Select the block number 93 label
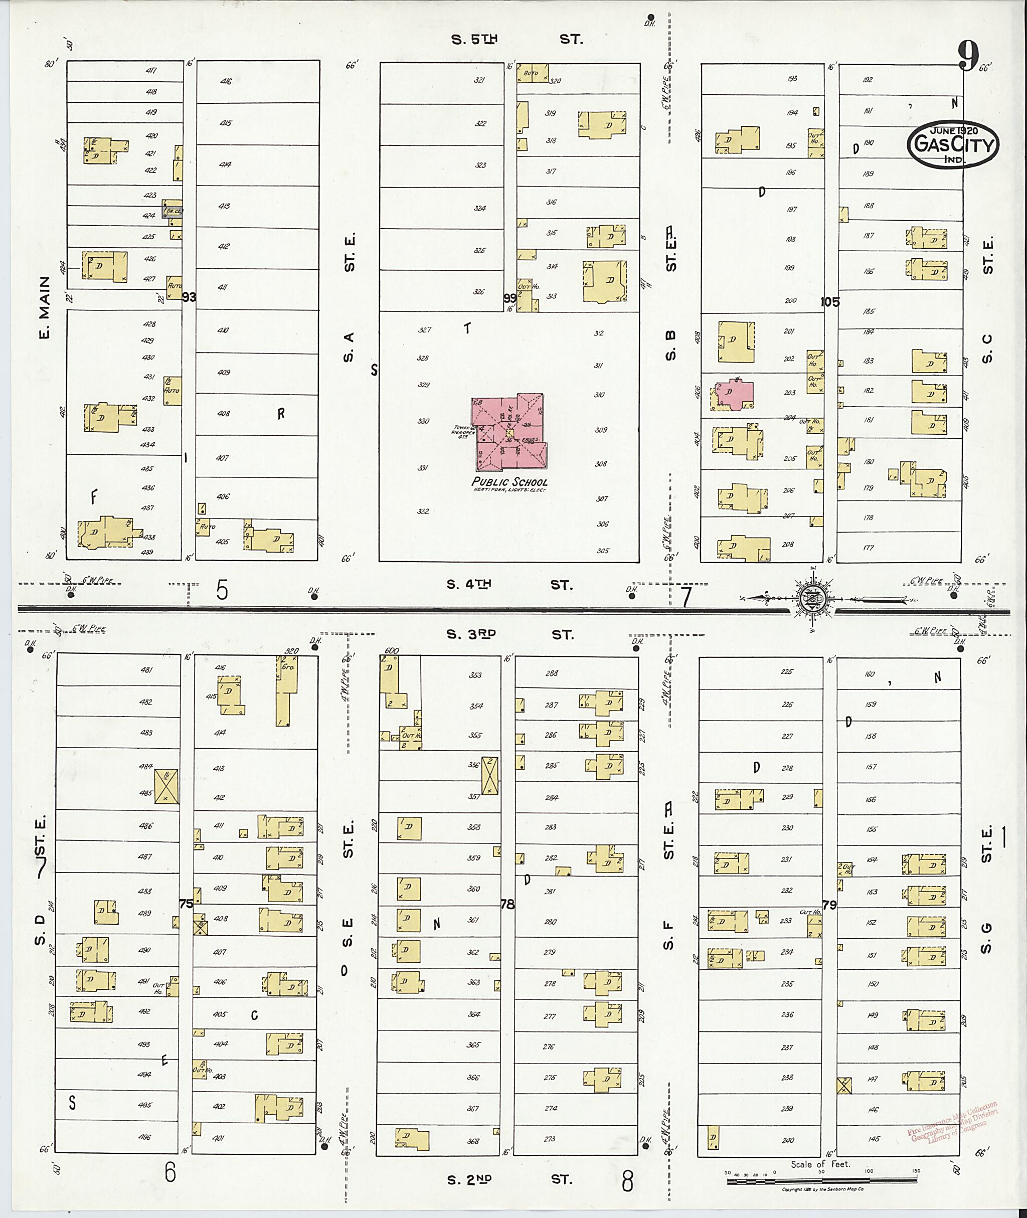click(x=189, y=297)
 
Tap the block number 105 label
click(x=830, y=301)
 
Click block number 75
click(x=187, y=904)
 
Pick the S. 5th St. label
click(x=517, y=39)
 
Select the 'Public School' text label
click(x=509, y=481)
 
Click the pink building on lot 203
click(x=734, y=395)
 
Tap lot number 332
click(x=423, y=511)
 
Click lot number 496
click(x=145, y=1137)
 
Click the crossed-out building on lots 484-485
click(x=166, y=787)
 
